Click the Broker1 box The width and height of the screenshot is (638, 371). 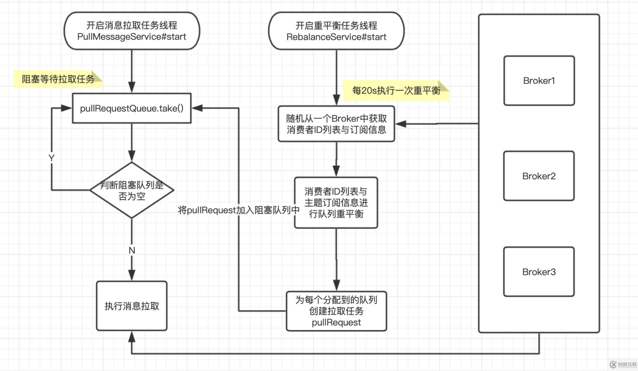[539, 81]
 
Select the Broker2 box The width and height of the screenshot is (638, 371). [539, 176]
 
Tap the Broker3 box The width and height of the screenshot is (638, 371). [539, 272]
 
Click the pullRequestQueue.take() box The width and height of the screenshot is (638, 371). [132, 108]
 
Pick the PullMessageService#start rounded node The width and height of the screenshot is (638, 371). [132, 31]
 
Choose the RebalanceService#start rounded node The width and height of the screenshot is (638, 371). [336, 31]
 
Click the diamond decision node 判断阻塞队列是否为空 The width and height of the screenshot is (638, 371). [132, 190]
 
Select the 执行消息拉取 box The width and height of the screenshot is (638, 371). [132, 306]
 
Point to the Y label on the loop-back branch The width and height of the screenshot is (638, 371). [51, 158]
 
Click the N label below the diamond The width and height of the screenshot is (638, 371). [132, 250]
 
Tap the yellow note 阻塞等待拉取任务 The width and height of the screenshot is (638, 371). [58, 79]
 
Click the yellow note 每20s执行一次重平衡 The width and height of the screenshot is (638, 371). [396, 91]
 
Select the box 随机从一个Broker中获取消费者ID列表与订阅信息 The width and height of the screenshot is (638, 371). [336, 124]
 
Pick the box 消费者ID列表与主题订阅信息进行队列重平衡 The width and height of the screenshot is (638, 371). [336, 203]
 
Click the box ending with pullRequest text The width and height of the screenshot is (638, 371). [336, 311]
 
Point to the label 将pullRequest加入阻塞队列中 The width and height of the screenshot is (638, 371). [239, 210]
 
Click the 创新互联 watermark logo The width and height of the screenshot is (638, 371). [623, 364]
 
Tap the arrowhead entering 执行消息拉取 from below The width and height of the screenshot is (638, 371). [132, 337]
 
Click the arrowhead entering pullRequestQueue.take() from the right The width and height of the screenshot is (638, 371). [197, 108]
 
